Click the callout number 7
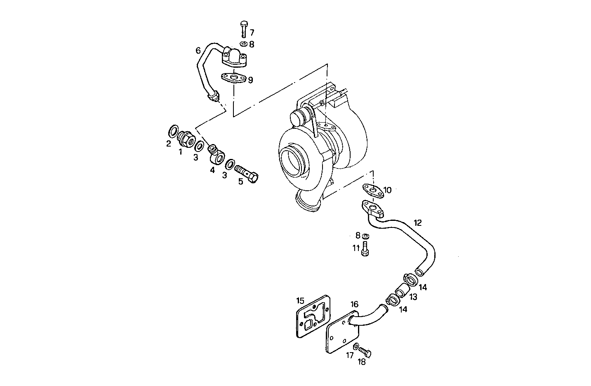pos(252,32)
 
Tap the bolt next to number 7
pos(243,28)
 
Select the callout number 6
pos(198,51)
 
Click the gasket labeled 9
pos(233,78)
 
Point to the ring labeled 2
pos(174,132)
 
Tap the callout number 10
pos(387,190)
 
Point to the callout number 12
pos(417,223)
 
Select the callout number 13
pos(414,297)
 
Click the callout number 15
pos(300,300)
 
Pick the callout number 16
pos(355,304)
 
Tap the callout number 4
pos(212,170)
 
